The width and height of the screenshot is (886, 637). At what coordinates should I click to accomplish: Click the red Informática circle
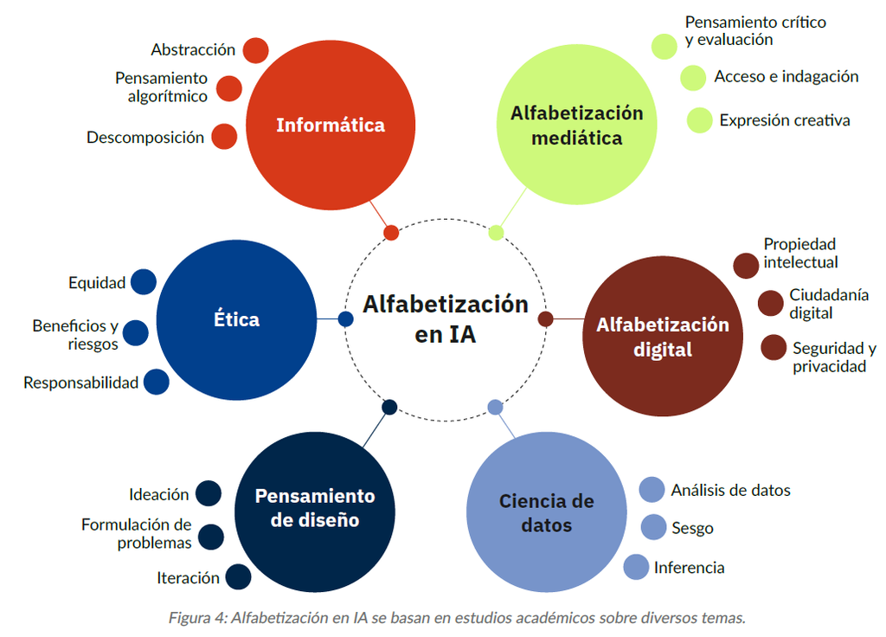331,125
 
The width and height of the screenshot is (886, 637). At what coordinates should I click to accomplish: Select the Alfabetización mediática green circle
577,125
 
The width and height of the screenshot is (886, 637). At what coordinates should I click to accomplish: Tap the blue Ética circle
237,320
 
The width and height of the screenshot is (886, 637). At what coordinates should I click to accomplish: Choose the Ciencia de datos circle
547,512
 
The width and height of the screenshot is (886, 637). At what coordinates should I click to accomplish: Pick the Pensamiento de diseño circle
315,512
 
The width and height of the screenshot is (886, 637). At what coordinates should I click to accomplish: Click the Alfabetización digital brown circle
663,337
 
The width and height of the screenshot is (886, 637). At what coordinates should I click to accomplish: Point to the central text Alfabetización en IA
446,319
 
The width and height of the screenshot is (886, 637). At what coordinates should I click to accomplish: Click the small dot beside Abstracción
256,51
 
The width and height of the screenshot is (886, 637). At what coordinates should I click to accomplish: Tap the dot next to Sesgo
654,527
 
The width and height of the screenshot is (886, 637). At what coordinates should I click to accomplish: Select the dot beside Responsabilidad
157,382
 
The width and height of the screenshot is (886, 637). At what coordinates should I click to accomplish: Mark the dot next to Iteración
239,577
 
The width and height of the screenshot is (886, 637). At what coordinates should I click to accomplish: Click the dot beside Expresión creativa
699,120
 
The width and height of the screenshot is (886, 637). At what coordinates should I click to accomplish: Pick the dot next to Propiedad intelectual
746,266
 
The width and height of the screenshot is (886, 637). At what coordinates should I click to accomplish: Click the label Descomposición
145,138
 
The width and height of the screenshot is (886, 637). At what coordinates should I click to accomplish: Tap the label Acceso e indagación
786,76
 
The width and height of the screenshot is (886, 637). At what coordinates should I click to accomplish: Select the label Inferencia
690,568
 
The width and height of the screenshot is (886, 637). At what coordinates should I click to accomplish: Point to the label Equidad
97,283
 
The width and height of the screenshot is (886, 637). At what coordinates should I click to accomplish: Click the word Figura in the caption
189,618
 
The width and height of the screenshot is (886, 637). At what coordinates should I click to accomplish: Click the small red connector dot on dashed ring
391,232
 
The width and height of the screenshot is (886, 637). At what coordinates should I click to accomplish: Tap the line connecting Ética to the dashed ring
328,319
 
